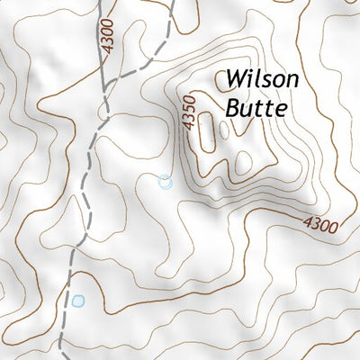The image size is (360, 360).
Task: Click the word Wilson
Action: (x=261, y=80)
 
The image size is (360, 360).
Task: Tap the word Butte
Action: (x=256, y=108)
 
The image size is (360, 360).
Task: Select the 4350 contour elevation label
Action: (x=188, y=114)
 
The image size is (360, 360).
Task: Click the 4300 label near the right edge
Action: (x=319, y=223)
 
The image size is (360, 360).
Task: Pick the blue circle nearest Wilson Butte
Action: (x=165, y=182)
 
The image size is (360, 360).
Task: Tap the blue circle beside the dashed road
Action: (x=78, y=301)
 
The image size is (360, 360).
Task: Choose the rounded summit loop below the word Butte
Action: (x=243, y=163)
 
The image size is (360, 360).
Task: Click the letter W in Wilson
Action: (x=237, y=80)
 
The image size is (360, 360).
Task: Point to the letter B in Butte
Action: (x=233, y=108)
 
